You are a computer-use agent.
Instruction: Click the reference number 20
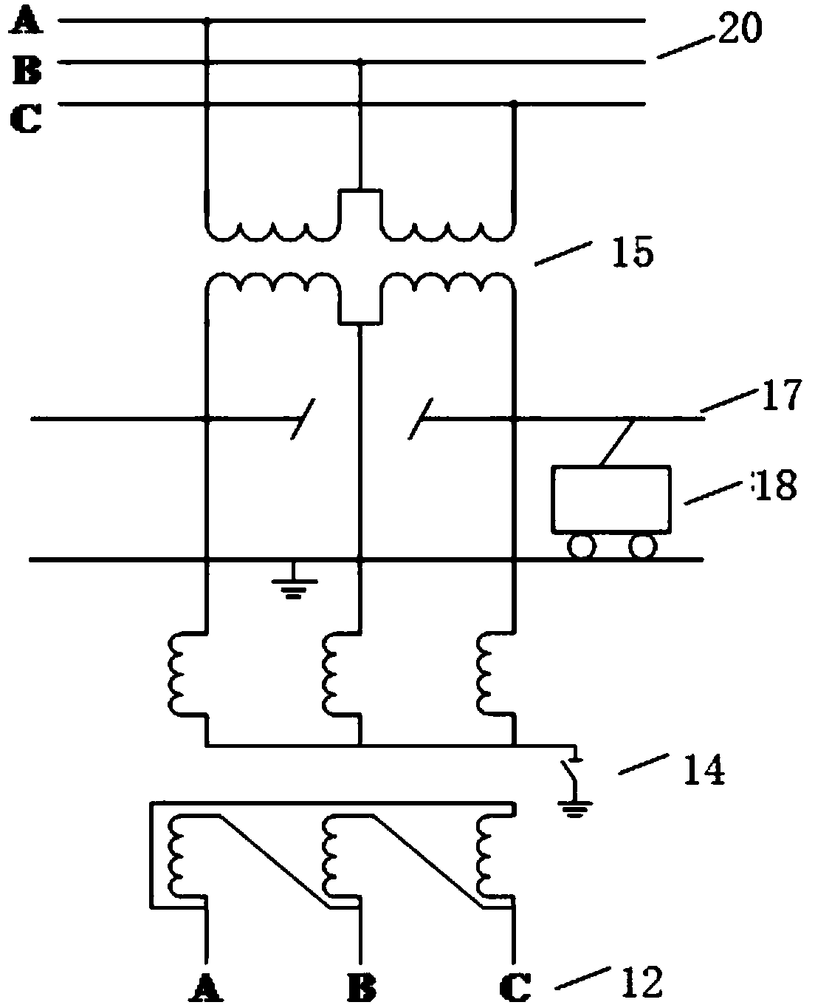(x=740, y=27)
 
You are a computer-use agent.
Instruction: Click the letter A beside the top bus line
(x=27, y=23)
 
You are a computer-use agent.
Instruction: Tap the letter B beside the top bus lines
(x=27, y=71)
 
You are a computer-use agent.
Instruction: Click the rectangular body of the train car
(x=611, y=500)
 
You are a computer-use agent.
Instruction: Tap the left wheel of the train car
(x=581, y=547)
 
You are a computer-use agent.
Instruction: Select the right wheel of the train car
(x=642, y=547)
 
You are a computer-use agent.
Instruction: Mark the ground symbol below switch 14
(x=574, y=810)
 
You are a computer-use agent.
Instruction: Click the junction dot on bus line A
(x=206, y=21)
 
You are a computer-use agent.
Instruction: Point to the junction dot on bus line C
(x=515, y=103)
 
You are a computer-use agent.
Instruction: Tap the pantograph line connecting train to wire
(x=616, y=442)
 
